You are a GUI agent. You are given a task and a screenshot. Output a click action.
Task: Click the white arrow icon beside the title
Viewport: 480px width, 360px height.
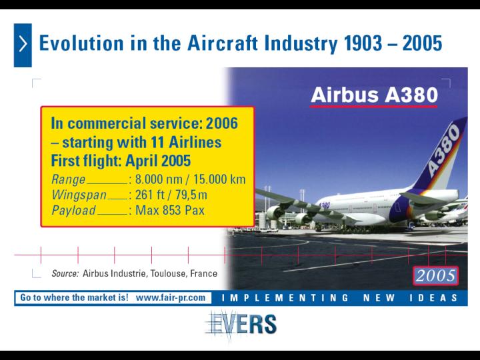click(x=23, y=44)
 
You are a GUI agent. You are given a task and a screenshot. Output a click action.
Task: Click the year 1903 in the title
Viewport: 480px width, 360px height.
click(x=363, y=43)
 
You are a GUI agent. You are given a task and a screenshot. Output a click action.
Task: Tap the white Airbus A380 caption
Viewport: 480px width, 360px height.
click(x=374, y=95)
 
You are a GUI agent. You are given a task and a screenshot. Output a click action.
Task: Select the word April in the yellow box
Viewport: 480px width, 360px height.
click(x=141, y=161)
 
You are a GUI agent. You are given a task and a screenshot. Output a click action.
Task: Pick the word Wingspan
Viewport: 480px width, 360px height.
click(x=79, y=195)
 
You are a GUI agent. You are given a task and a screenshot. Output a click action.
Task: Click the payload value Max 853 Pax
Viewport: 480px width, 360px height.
click(x=169, y=211)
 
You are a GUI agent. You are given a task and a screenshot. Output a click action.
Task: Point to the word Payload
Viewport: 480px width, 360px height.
click(x=73, y=211)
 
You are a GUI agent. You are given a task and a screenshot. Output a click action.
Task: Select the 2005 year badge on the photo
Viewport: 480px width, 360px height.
click(x=435, y=275)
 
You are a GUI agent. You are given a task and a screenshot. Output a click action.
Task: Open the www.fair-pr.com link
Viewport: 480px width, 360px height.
click(x=171, y=297)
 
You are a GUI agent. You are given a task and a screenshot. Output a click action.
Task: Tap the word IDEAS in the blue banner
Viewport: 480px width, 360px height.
click(x=433, y=298)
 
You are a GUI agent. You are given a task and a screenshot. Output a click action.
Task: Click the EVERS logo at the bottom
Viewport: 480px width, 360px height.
click(x=241, y=325)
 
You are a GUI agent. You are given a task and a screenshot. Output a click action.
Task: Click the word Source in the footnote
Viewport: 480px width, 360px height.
click(x=65, y=273)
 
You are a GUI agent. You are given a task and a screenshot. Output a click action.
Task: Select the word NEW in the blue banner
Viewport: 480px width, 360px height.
click(x=379, y=298)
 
